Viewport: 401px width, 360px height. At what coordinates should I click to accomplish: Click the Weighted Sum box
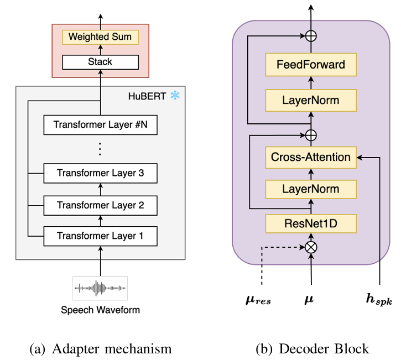100,38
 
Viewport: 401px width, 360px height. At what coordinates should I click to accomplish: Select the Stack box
100,61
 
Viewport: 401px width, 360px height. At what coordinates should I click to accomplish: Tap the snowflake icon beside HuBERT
175,96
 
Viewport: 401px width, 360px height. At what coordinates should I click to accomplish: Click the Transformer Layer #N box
100,125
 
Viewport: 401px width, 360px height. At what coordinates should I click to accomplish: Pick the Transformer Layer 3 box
100,174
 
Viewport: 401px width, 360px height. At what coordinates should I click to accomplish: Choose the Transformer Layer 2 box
100,205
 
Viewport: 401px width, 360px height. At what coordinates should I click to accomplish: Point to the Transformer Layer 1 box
100,237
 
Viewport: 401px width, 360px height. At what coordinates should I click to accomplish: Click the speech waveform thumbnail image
100,288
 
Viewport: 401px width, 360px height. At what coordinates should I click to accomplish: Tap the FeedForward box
311,64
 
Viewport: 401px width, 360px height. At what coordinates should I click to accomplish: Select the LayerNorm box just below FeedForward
311,100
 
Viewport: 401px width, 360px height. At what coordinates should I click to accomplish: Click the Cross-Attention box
311,157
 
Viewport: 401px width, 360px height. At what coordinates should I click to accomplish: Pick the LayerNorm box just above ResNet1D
311,190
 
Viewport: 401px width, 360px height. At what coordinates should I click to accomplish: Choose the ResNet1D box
311,223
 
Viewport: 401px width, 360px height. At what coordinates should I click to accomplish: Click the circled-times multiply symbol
311,247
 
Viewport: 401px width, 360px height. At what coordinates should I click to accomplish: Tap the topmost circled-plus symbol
311,36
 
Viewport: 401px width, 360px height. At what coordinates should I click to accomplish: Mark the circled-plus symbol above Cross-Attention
311,134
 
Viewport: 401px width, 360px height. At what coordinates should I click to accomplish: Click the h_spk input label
378,300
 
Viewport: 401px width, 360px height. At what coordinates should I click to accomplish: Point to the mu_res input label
258,301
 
